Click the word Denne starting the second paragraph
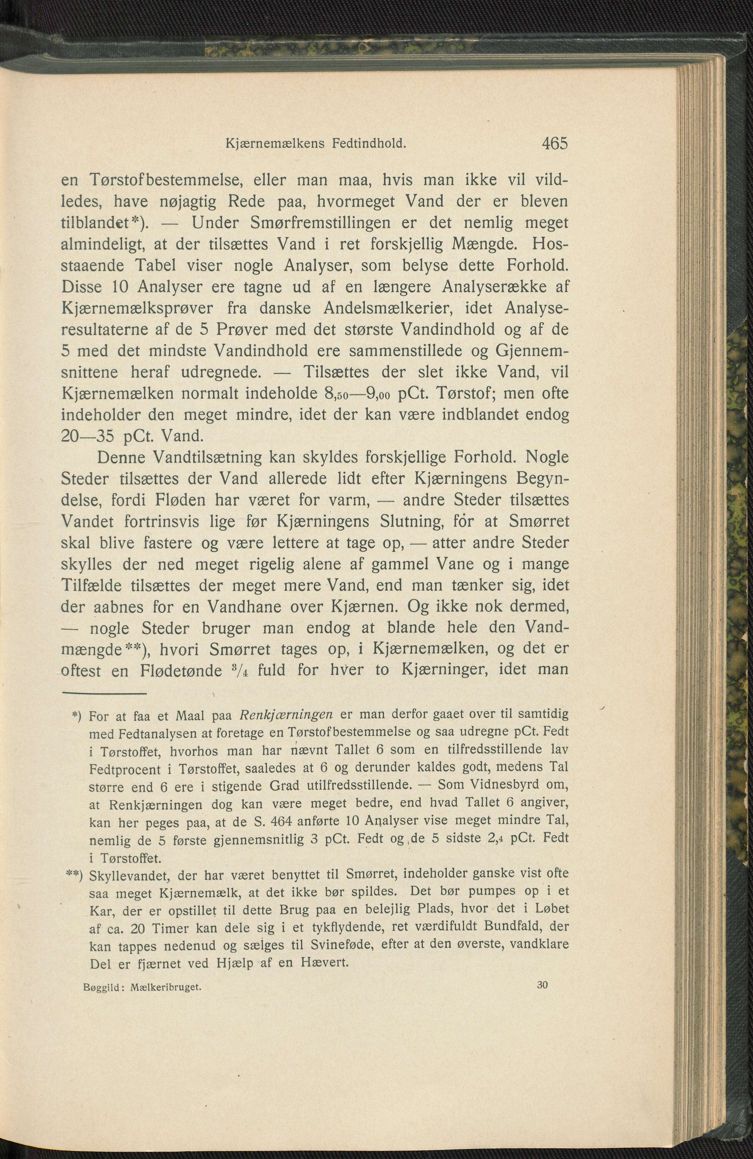122,458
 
